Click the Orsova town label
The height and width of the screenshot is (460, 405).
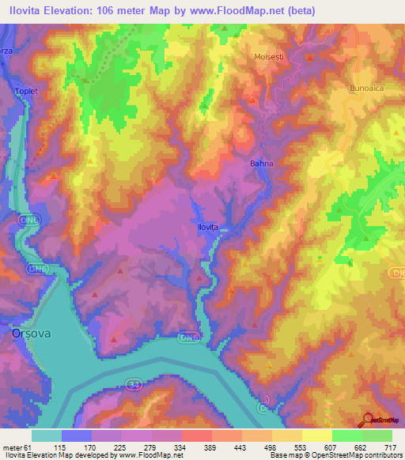pyautogui.click(x=32, y=334)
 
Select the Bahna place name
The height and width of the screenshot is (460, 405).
pyautogui.click(x=261, y=164)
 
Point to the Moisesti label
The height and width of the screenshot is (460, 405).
pyautogui.click(x=267, y=57)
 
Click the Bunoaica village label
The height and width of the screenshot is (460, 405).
pyautogui.click(x=365, y=89)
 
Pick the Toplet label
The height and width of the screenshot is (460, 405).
pyautogui.click(x=25, y=92)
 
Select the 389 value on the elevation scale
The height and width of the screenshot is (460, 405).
pyautogui.click(x=210, y=447)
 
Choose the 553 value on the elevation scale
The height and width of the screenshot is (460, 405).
pyautogui.click(x=301, y=447)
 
